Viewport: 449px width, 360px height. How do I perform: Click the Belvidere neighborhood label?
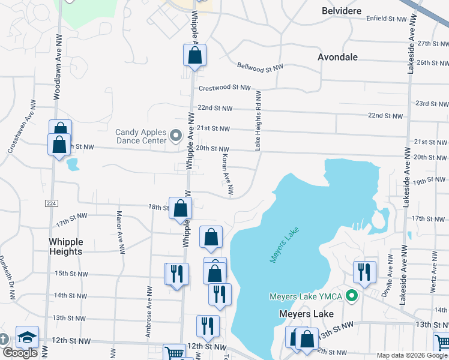click(x=342, y=11)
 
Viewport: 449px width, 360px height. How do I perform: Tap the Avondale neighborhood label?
click(x=338, y=57)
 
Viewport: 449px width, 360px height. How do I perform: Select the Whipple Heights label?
click(x=65, y=247)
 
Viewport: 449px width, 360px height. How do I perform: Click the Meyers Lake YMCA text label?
click(x=306, y=296)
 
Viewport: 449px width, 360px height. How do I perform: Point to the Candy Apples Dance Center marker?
click(x=176, y=136)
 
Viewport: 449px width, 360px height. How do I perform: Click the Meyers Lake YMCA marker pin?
click(x=353, y=296)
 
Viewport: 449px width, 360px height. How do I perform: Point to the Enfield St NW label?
click(x=387, y=19)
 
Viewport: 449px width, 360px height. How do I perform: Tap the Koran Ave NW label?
click(x=227, y=175)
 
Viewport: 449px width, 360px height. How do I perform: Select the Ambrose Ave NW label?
click(x=148, y=303)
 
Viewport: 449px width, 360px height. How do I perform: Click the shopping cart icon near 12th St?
click(x=175, y=353)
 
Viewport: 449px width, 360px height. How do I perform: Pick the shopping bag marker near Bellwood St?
click(x=195, y=56)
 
